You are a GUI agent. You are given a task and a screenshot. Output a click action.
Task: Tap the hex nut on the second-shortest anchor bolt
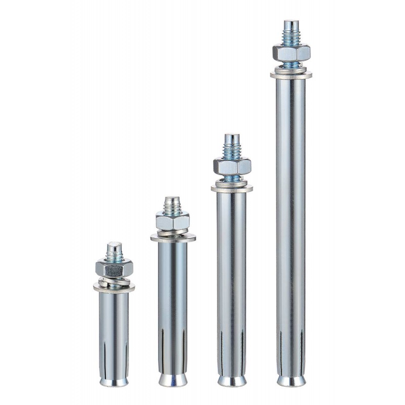(x=173, y=221)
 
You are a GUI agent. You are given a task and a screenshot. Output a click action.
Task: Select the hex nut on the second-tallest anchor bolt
(x=232, y=166)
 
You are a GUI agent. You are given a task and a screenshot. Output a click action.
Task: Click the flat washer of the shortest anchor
(x=114, y=288)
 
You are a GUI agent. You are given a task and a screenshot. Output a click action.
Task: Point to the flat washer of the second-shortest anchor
(x=173, y=237)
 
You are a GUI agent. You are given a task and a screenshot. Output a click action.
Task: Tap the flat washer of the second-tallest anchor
(x=232, y=188)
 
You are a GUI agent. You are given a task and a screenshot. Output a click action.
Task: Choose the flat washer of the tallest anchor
(x=291, y=75)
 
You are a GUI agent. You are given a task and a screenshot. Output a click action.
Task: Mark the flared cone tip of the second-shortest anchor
(x=173, y=379)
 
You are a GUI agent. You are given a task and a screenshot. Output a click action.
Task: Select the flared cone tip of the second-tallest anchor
(x=232, y=380)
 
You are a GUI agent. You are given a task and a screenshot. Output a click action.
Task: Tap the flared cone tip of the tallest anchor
(x=291, y=380)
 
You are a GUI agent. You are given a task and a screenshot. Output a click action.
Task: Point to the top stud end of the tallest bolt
(x=291, y=25)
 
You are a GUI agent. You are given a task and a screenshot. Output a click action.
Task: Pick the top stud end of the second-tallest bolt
(x=232, y=138)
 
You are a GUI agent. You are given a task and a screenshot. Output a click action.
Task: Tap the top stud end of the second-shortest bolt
(x=173, y=201)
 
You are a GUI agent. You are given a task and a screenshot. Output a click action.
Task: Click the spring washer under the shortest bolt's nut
(x=114, y=280)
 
